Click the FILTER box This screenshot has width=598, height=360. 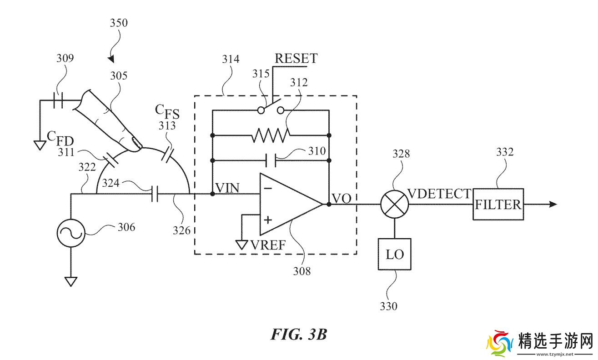click(498, 204)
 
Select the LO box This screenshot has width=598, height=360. click(395, 254)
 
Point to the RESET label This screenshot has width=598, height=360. click(296, 59)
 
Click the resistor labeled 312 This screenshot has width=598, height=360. click(271, 135)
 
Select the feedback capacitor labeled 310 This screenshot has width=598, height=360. click(271, 160)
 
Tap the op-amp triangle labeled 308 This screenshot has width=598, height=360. click(286, 204)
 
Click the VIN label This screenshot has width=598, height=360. click(228, 188)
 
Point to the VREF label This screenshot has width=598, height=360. click(268, 245)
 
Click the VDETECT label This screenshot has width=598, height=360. click(439, 194)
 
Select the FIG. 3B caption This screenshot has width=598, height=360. click(299, 335)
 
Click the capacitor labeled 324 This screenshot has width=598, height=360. click(155, 194)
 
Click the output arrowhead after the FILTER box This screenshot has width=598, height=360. click(553, 204)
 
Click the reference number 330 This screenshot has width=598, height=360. click(389, 306)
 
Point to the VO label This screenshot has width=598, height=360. click(342, 198)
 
